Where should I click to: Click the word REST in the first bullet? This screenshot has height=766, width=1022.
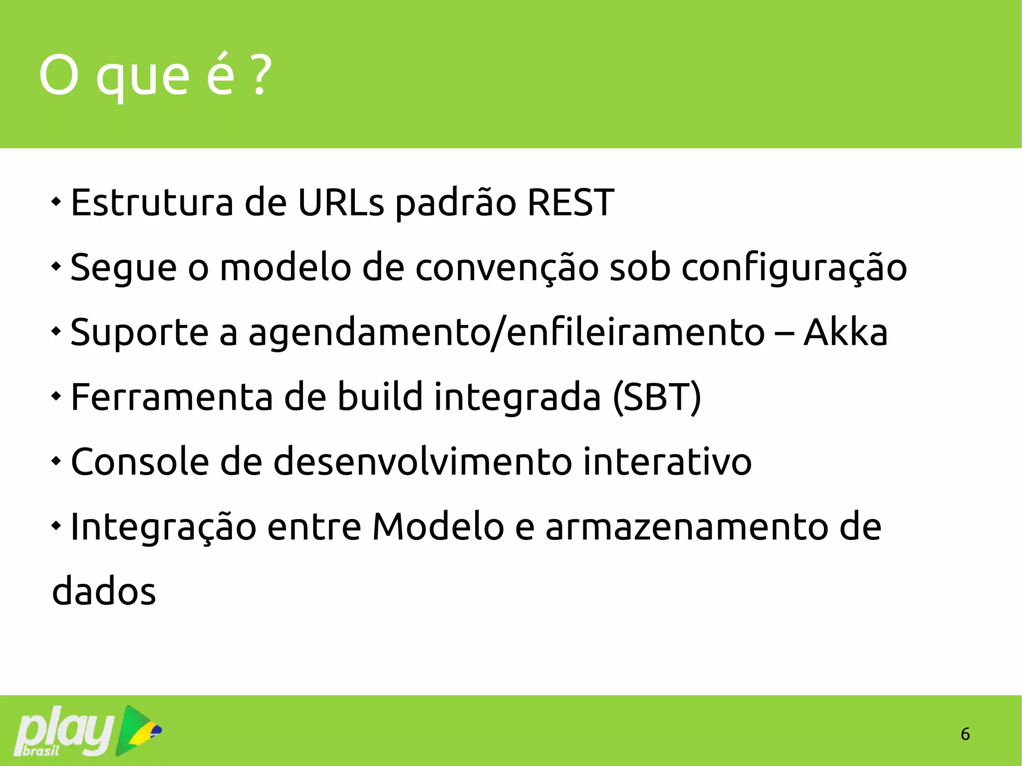(570, 203)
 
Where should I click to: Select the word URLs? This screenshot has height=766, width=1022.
(341, 203)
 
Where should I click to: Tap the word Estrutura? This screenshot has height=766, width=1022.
(152, 203)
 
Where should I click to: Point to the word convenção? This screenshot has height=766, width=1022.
(507, 268)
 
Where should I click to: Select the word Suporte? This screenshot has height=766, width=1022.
(139, 333)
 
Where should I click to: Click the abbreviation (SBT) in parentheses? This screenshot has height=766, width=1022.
(657, 397)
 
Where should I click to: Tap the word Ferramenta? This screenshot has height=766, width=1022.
(172, 397)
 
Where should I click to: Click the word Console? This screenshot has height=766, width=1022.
(140, 462)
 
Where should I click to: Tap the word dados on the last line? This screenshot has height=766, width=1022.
(104, 591)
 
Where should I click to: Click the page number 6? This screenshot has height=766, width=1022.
(965, 734)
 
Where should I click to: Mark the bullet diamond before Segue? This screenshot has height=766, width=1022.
(56, 266)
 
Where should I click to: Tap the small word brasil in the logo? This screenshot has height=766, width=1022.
(41, 751)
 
